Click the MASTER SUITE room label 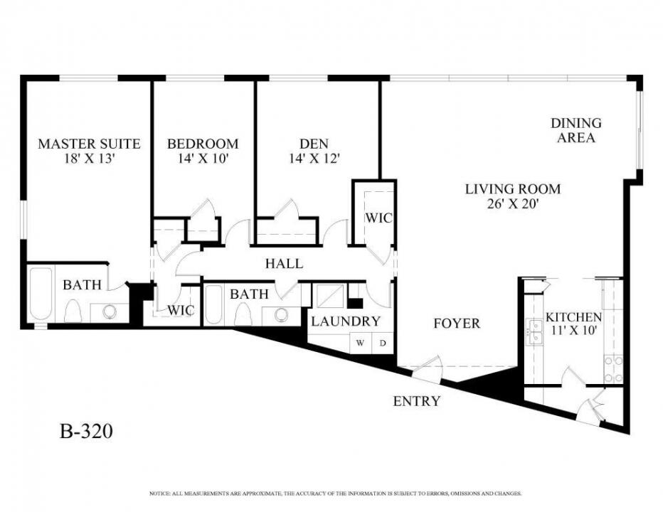(x=89, y=144)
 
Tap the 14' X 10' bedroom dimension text (x=203, y=159)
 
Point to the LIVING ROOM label (x=513, y=189)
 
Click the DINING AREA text (x=576, y=131)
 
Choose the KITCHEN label (x=573, y=317)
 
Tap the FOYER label (x=457, y=324)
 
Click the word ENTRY (x=417, y=402)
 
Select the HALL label (x=284, y=264)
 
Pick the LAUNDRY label (x=345, y=321)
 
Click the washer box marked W (x=360, y=343)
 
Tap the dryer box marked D (x=382, y=343)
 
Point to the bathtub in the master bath (x=41, y=294)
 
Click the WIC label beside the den (x=378, y=218)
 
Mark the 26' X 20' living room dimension (x=513, y=205)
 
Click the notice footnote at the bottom (x=336, y=493)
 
